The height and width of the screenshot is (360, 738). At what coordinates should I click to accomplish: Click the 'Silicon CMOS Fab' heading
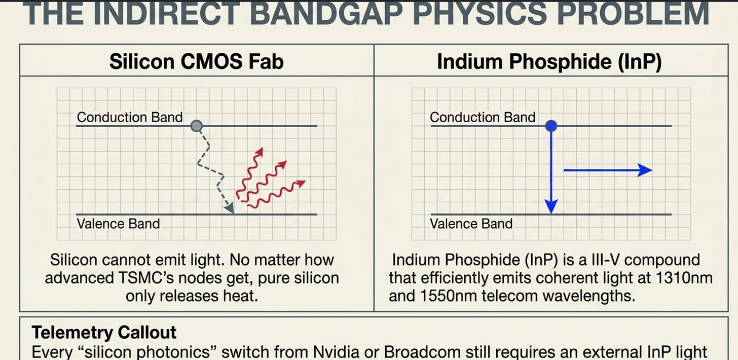(x=196, y=61)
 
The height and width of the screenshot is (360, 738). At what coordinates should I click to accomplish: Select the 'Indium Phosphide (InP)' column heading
(x=549, y=61)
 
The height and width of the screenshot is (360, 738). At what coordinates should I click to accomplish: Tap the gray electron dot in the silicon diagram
(x=197, y=126)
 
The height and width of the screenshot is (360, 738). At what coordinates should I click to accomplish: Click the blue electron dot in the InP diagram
(x=551, y=126)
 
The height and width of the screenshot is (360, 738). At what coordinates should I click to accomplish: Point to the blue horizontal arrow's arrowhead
(x=645, y=170)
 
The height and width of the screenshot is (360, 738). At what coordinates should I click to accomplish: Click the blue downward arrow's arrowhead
(x=551, y=206)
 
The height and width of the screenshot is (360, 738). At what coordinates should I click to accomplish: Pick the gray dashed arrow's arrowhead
(x=230, y=208)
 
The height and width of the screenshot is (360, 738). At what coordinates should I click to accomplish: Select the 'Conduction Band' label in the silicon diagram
(x=129, y=117)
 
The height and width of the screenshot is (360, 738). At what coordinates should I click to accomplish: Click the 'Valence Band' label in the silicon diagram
(x=118, y=224)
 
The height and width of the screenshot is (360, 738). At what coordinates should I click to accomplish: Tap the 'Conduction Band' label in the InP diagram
(x=483, y=117)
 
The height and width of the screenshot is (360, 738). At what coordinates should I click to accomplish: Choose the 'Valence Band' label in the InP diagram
(x=471, y=224)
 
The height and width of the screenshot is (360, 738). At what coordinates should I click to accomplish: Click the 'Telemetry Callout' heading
(x=104, y=332)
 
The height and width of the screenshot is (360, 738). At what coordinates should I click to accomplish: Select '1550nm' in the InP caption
(x=449, y=296)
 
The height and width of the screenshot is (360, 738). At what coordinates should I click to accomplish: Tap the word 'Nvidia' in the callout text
(x=336, y=352)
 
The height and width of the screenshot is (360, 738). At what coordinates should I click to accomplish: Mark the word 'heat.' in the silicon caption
(x=240, y=296)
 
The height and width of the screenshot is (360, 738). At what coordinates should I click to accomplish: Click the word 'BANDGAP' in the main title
(x=326, y=13)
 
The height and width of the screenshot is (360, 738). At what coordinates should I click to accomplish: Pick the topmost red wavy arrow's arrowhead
(x=260, y=152)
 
